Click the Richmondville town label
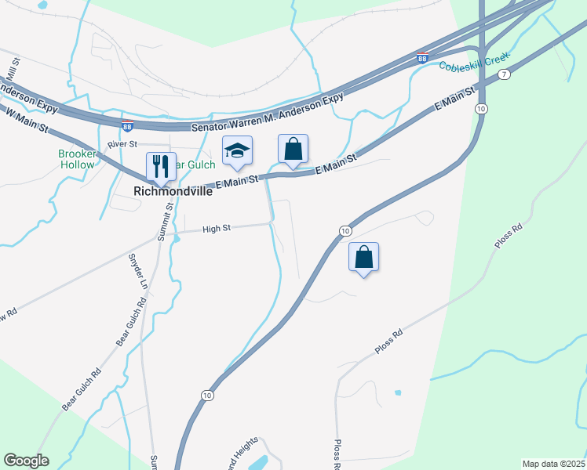click(173, 191)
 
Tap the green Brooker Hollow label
click(77, 160)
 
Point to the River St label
click(122, 144)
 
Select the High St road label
click(216, 229)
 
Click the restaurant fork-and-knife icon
click(159, 165)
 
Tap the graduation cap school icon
click(236, 150)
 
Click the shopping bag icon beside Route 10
click(364, 256)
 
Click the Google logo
click(26, 461)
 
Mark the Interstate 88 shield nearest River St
click(127, 125)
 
